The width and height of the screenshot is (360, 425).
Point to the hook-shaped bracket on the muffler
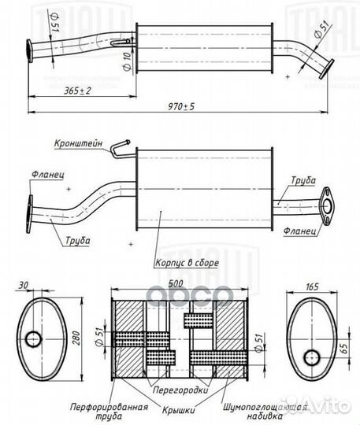[120, 146]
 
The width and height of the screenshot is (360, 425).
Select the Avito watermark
[327, 407]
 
